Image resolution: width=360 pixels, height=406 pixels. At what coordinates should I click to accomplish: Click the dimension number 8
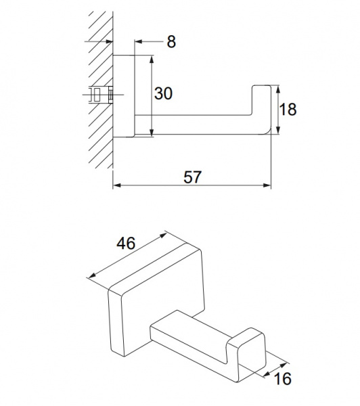point(171,41)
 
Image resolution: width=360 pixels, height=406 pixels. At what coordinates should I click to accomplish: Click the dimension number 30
point(163,93)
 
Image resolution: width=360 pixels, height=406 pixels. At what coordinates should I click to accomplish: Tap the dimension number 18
point(288,109)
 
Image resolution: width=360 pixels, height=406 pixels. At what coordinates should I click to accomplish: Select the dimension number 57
point(192,177)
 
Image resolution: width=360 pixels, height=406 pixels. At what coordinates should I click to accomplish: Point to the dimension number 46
point(126,244)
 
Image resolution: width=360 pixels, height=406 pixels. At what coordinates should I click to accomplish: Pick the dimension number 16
point(282,378)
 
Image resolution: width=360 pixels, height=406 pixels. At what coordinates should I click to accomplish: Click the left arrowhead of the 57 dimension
point(117,185)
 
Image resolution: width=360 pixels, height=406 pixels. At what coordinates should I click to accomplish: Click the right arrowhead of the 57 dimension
point(267,185)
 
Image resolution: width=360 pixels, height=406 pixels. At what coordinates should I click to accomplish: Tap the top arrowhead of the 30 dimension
point(152,59)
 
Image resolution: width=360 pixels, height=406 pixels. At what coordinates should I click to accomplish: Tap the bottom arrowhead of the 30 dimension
point(152,132)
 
